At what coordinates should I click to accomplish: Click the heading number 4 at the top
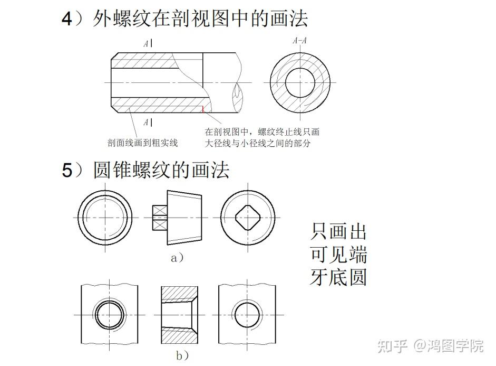click(66, 20)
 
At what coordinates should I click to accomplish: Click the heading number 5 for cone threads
click(66, 171)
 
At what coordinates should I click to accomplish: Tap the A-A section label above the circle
click(300, 41)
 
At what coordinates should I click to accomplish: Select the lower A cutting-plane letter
click(146, 123)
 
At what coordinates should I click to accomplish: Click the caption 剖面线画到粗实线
click(142, 143)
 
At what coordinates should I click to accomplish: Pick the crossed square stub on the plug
click(159, 218)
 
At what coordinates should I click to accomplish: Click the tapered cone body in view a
click(184, 218)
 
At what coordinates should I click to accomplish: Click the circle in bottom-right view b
click(248, 315)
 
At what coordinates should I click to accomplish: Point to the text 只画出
click(338, 231)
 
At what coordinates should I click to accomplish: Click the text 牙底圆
click(338, 277)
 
